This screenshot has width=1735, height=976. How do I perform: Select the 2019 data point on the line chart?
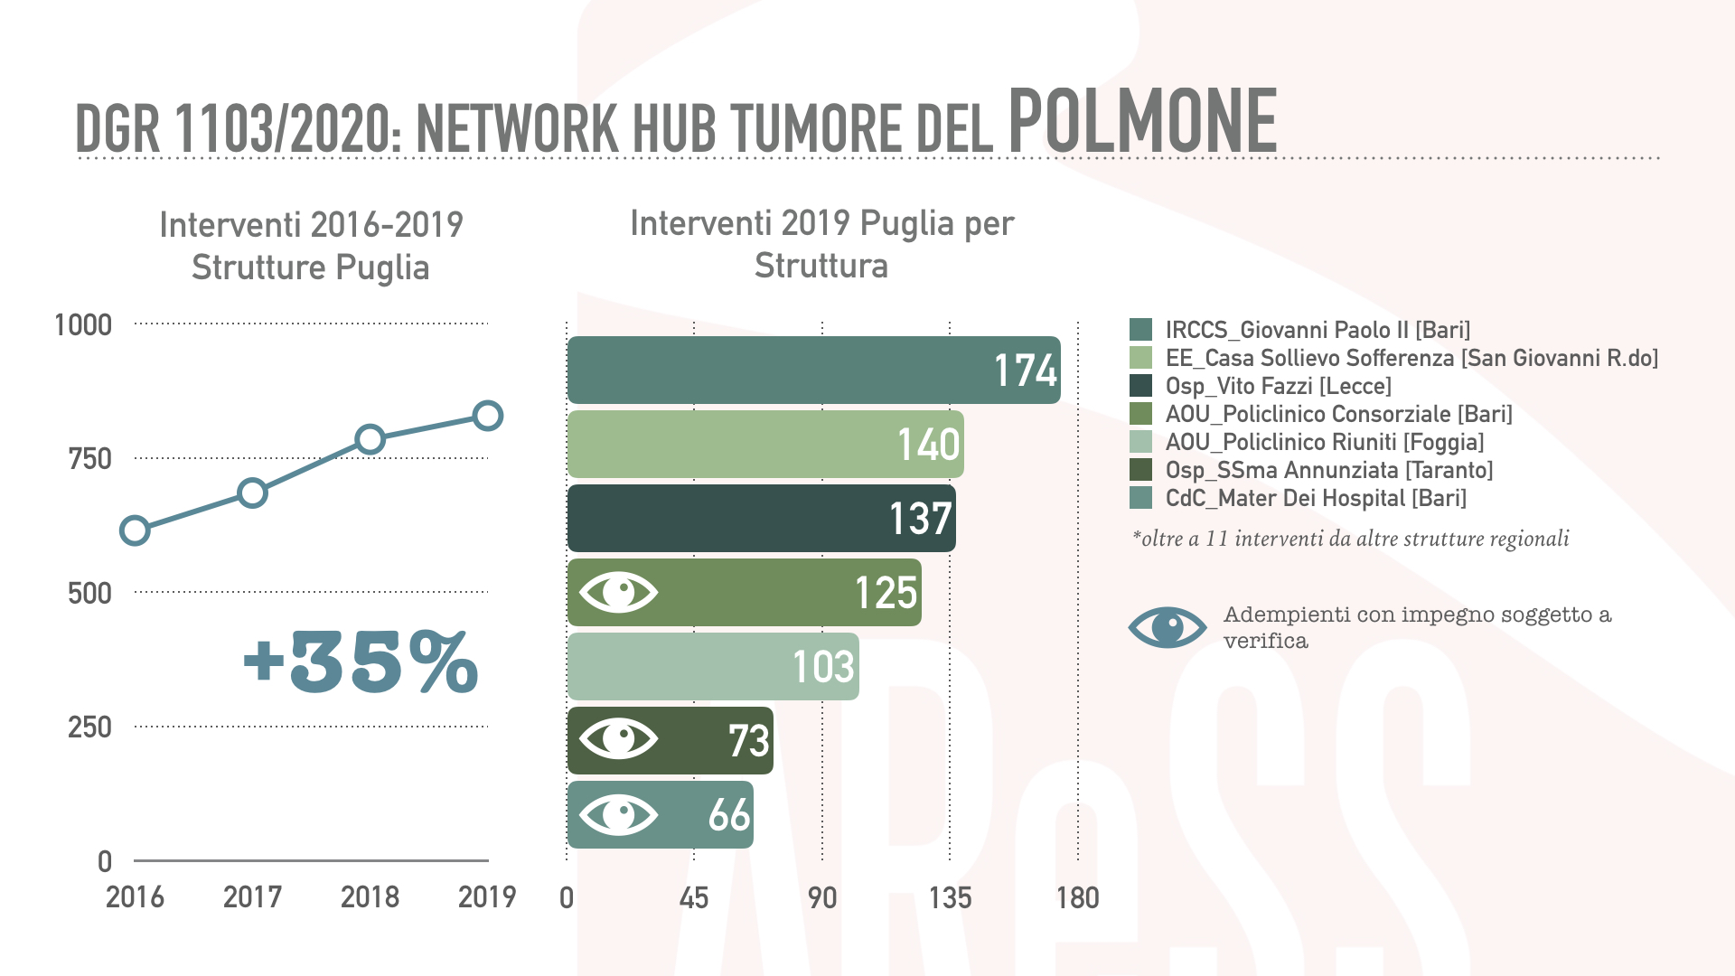click(x=488, y=416)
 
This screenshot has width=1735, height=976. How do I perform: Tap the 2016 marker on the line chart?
click(x=135, y=530)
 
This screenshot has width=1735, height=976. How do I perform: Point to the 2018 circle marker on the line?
click(x=370, y=440)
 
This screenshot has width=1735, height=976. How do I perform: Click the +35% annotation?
click(x=361, y=662)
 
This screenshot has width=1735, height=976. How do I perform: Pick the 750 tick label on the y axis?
click(x=89, y=459)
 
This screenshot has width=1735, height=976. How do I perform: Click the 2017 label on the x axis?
click(x=252, y=897)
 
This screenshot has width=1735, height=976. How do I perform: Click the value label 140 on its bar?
click(x=928, y=445)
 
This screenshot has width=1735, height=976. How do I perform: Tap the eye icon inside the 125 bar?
click(x=619, y=593)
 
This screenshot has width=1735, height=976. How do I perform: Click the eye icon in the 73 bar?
click(x=619, y=739)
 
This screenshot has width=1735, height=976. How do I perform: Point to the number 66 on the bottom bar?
click(x=729, y=815)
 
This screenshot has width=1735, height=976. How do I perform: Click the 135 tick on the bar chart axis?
click(x=950, y=898)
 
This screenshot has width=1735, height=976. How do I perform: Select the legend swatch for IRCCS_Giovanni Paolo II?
click(x=1140, y=330)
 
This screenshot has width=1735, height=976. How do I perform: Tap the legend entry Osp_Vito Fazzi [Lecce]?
click(x=1278, y=387)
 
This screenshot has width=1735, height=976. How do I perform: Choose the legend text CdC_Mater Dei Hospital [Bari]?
click(x=1316, y=499)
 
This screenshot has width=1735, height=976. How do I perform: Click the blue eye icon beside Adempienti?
click(x=1167, y=627)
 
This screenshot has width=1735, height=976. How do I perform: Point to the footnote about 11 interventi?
click(x=1350, y=540)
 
